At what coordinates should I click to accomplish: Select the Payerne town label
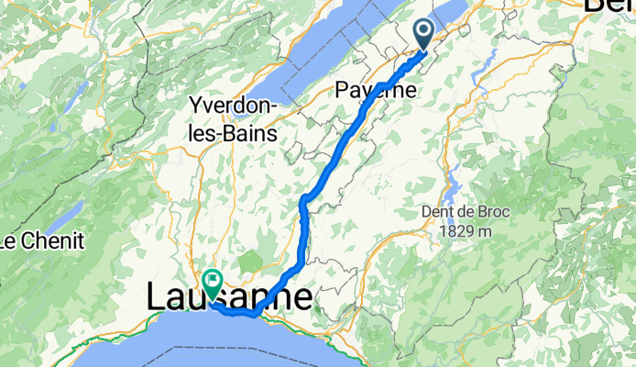coord(376,90)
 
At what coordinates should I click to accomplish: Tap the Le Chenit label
coord(41,242)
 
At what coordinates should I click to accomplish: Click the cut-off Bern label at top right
coord(609,7)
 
